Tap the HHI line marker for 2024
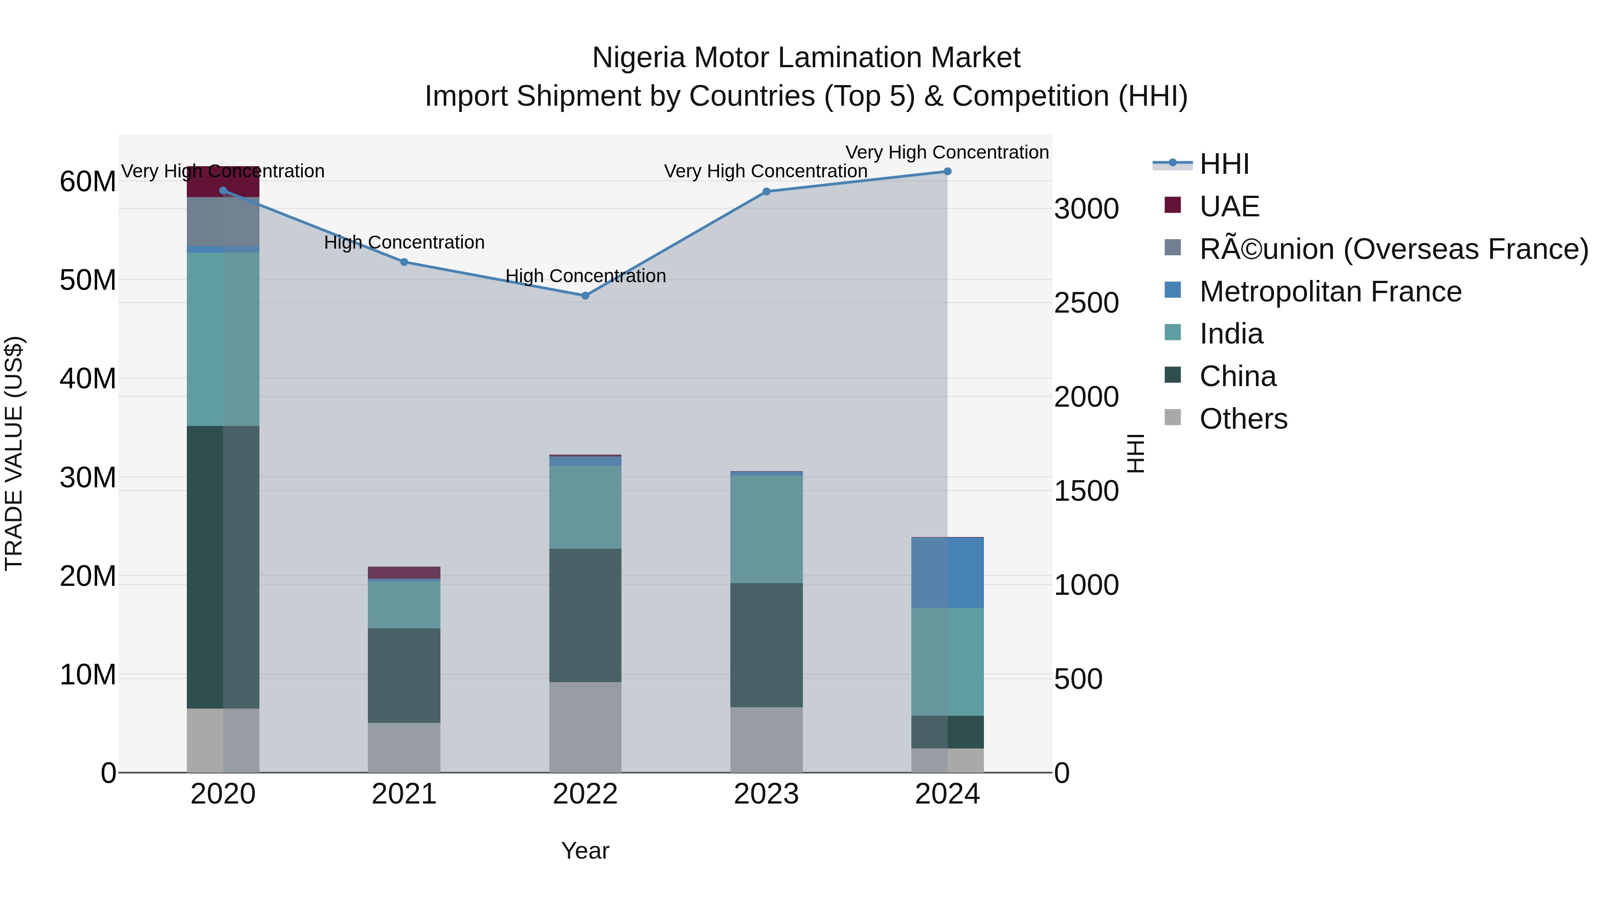tap(947, 172)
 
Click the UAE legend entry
tap(1229, 206)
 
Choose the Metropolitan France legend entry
tap(1330, 292)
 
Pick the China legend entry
tap(1237, 376)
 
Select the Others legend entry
tap(1243, 419)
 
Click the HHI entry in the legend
tap(1224, 164)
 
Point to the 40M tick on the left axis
tap(88, 378)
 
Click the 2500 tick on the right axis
tap(1086, 303)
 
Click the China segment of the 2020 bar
tap(223, 567)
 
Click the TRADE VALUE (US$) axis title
tap(14, 453)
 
